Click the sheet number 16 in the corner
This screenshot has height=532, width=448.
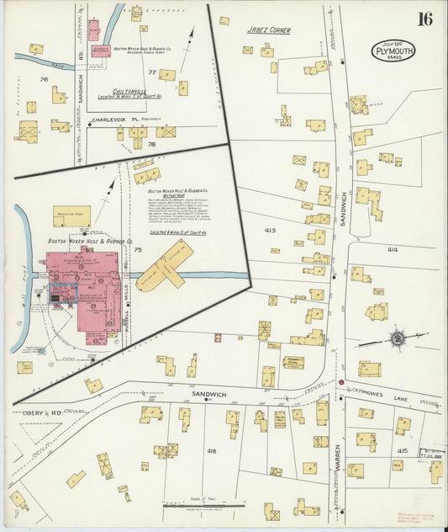point(425,19)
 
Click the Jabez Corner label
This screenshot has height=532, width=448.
point(268,30)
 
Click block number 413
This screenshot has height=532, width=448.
point(270,230)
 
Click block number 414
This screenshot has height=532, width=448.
point(393,250)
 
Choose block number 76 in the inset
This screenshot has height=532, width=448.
point(43,80)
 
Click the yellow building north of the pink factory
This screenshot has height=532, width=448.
point(71,215)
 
